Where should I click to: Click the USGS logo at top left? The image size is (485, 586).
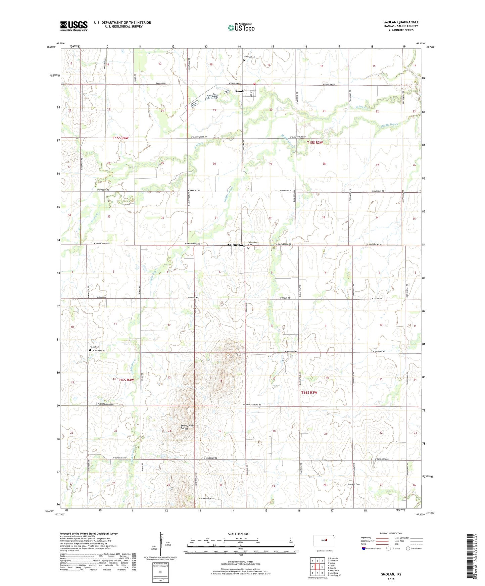pyautogui.click(x=74, y=26)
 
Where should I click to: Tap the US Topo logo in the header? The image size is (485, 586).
pyautogui.click(x=241, y=28)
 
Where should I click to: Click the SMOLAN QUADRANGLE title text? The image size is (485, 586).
pyautogui.click(x=401, y=22)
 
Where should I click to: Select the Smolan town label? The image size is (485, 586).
pyautogui.click(x=240, y=91)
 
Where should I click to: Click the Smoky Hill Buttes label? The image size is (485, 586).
pyautogui.click(x=187, y=427)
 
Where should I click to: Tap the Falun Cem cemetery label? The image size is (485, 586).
pyautogui.click(x=94, y=347)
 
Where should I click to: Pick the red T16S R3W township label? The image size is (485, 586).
pyautogui.click(x=309, y=392)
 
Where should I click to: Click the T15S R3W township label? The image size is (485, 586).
pyautogui.click(x=314, y=143)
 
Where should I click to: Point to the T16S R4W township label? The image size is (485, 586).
pyautogui.click(x=126, y=380)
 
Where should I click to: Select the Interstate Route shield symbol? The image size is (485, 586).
pyautogui.click(x=364, y=548)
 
